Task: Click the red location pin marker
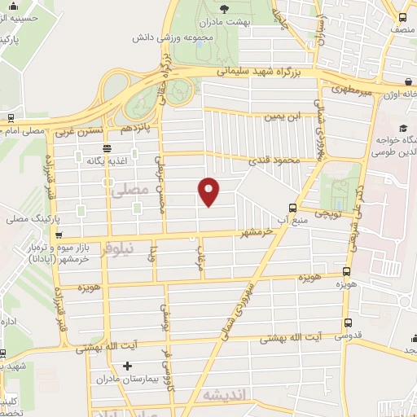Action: tap(209, 191)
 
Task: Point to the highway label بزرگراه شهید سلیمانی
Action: tap(262, 72)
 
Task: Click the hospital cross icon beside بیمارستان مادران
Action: tap(126, 366)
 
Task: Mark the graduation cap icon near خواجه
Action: tap(403, 128)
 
